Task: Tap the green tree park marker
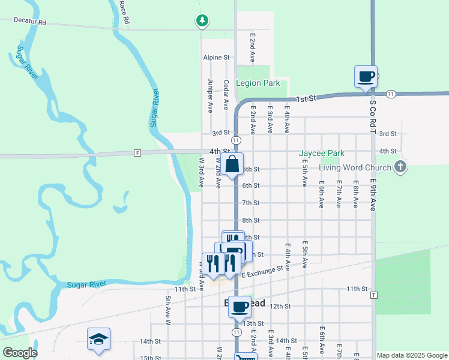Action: coord(202,21)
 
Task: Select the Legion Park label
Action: coord(258,83)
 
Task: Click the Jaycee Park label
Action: coord(322,153)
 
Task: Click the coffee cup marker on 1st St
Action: coord(366,77)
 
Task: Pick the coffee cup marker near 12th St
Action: coord(240,307)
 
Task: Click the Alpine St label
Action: coord(216,58)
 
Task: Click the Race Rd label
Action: coord(124,12)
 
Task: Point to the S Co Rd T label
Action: coord(372,117)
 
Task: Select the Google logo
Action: coord(19,352)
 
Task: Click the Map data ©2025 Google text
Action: coord(412,355)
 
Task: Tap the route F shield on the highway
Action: coord(137,152)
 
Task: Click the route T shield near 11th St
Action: coord(374,295)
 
